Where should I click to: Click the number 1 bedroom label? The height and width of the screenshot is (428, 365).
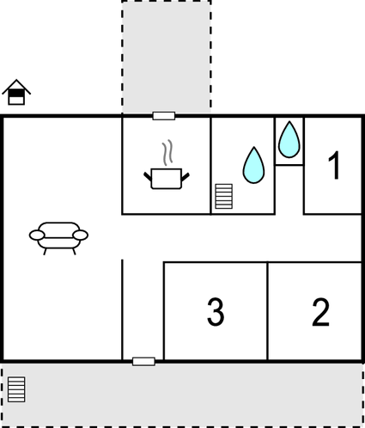point(334,165)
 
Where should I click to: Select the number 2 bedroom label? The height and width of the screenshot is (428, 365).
point(320,312)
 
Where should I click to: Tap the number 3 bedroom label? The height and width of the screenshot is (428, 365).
point(216,312)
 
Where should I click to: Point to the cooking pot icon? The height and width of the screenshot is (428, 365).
point(167,179)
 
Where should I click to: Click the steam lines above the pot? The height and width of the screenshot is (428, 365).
point(167,152)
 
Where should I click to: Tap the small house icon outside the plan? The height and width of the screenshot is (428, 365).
point(16,92)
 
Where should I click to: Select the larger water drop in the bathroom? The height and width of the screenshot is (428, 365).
point(253,165)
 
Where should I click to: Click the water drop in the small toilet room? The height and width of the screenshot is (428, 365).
point(289,140)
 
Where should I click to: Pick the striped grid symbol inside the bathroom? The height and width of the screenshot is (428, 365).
point(223,196)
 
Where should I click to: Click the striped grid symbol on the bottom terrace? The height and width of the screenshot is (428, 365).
point(16,389)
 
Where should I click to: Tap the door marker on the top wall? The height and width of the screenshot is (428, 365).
point(164,116)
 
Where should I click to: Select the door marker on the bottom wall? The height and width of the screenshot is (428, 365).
point(143,361)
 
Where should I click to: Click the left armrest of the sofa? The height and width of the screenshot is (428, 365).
point(37,235)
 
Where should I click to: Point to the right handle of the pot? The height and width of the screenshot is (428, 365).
point(186,177)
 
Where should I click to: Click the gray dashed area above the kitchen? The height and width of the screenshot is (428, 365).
point(167,57)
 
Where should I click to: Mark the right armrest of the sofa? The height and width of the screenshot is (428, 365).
point(81,235)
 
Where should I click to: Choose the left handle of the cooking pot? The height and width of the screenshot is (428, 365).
point(148,176)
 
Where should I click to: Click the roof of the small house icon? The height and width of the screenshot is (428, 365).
point(16,86)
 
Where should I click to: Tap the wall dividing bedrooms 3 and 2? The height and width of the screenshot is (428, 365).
point(268,311)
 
